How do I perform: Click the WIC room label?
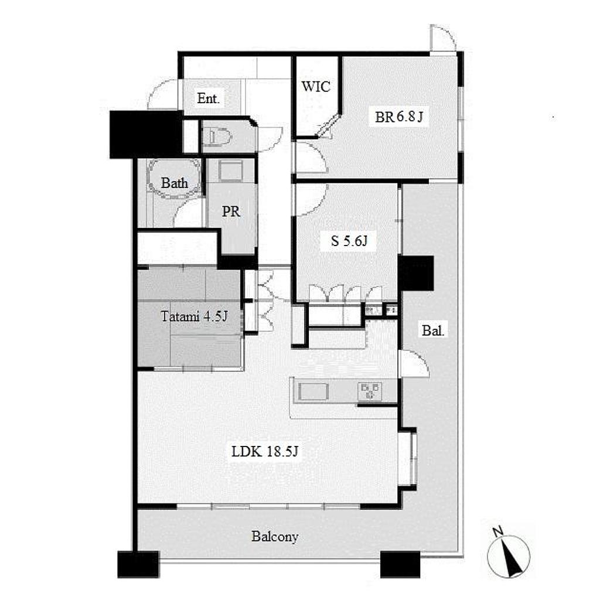coord(316,87)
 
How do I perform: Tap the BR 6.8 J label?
coord(399,117)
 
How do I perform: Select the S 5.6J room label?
coord(349,241)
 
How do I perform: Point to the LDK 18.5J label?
coord(265,452)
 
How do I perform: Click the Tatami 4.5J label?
coord(194,316)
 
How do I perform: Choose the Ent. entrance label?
coord(209,98)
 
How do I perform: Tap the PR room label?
coord(231,212)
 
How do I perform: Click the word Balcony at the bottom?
coord(275,537)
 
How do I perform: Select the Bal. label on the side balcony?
coord(433,330)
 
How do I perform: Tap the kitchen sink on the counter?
coord(313,392)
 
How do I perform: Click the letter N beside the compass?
coord(497,531)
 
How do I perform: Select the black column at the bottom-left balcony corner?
coord(138,564)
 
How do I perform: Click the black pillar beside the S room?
coord(416,273)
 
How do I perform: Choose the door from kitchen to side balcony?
coord(413,363)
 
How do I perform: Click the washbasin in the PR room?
coord(231,171)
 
